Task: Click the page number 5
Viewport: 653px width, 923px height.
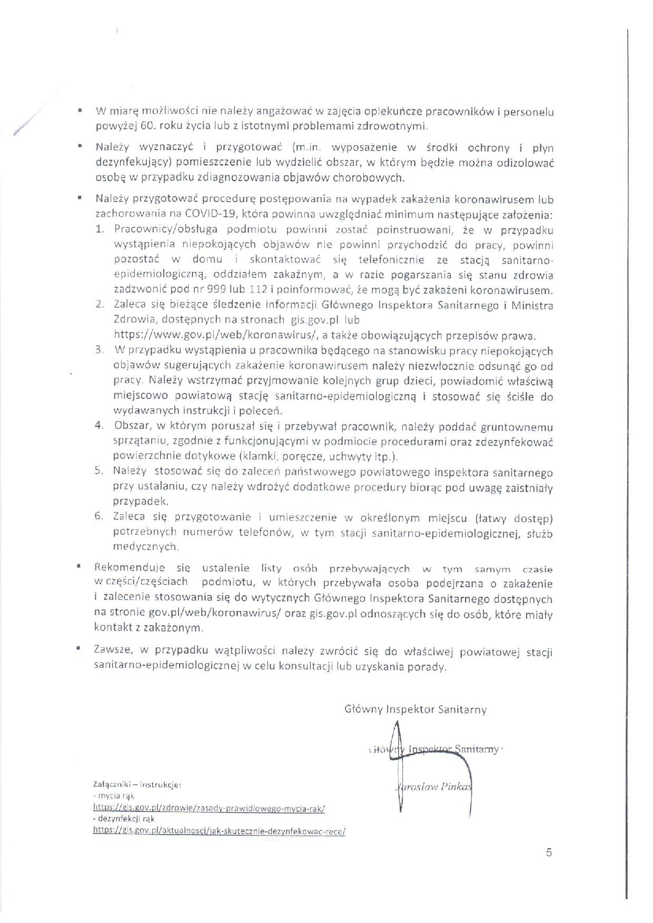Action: (x=549, y=853)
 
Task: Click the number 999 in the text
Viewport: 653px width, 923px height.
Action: (x=202, y=290)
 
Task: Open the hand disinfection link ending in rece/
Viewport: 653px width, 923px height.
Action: (x=219, y=830)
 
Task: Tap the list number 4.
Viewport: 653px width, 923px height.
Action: (x=98, y=425)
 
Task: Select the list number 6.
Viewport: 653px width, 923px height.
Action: (x=98, y=516)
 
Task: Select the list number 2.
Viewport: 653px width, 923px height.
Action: (x=99, y=304)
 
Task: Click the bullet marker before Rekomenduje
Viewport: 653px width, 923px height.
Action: (x=78, y=566)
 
